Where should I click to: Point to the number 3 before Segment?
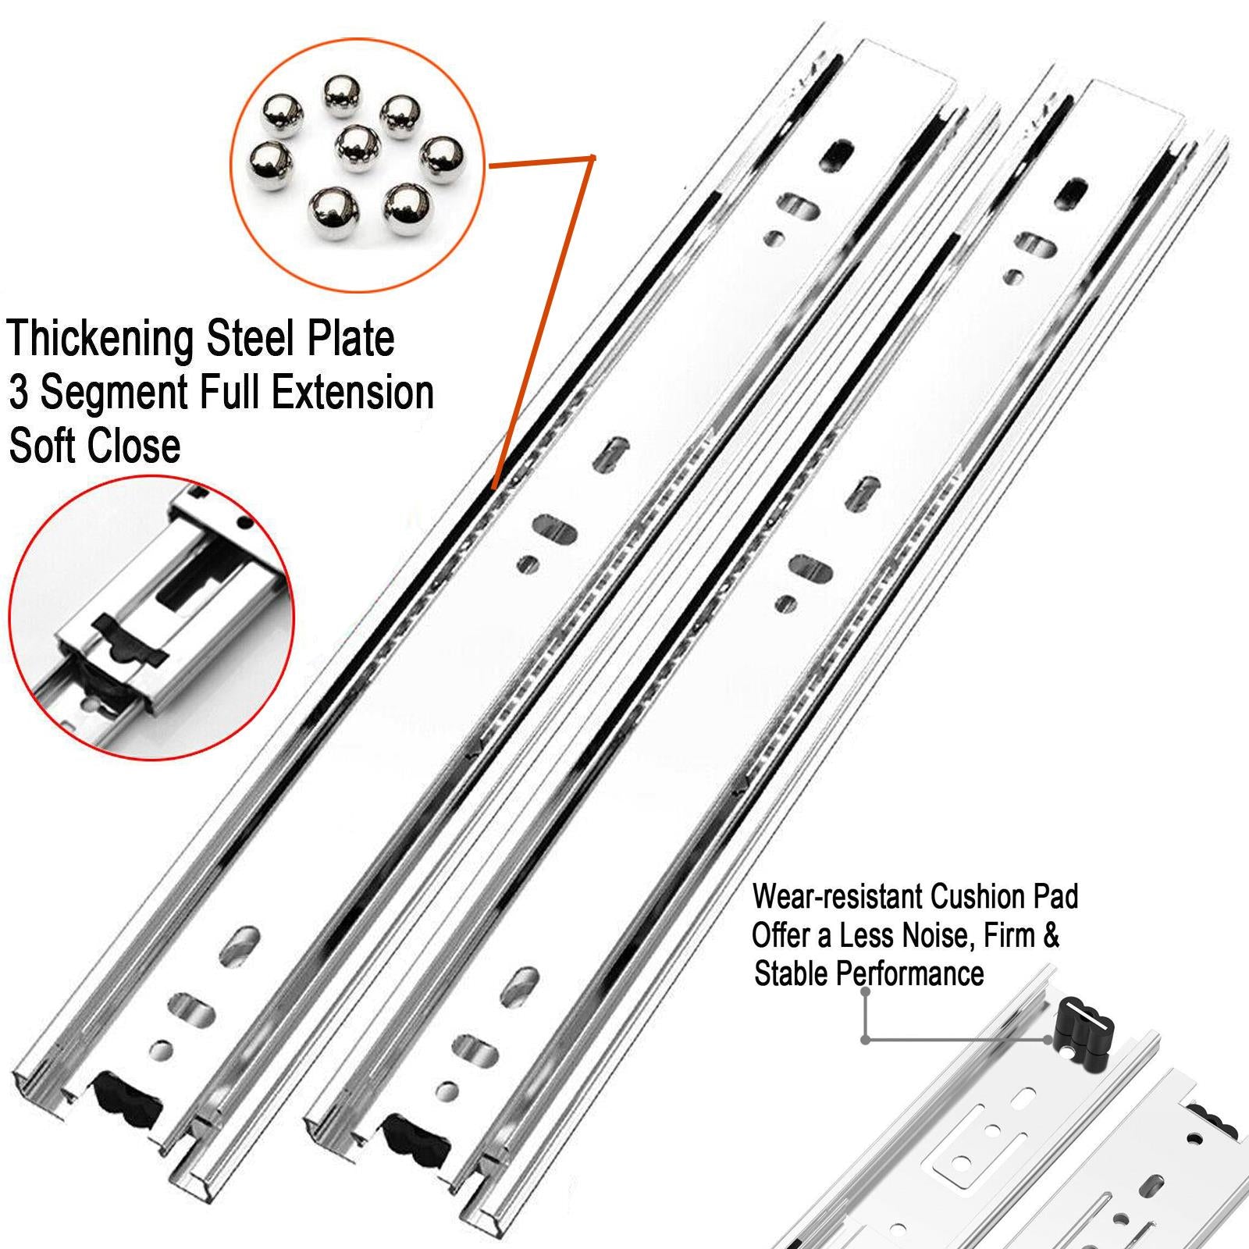[19, 392]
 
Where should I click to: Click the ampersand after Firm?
[1051, 935]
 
